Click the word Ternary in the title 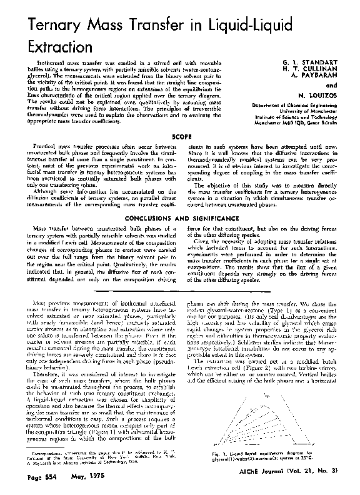pyautogui.click(x=44, y=26)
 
